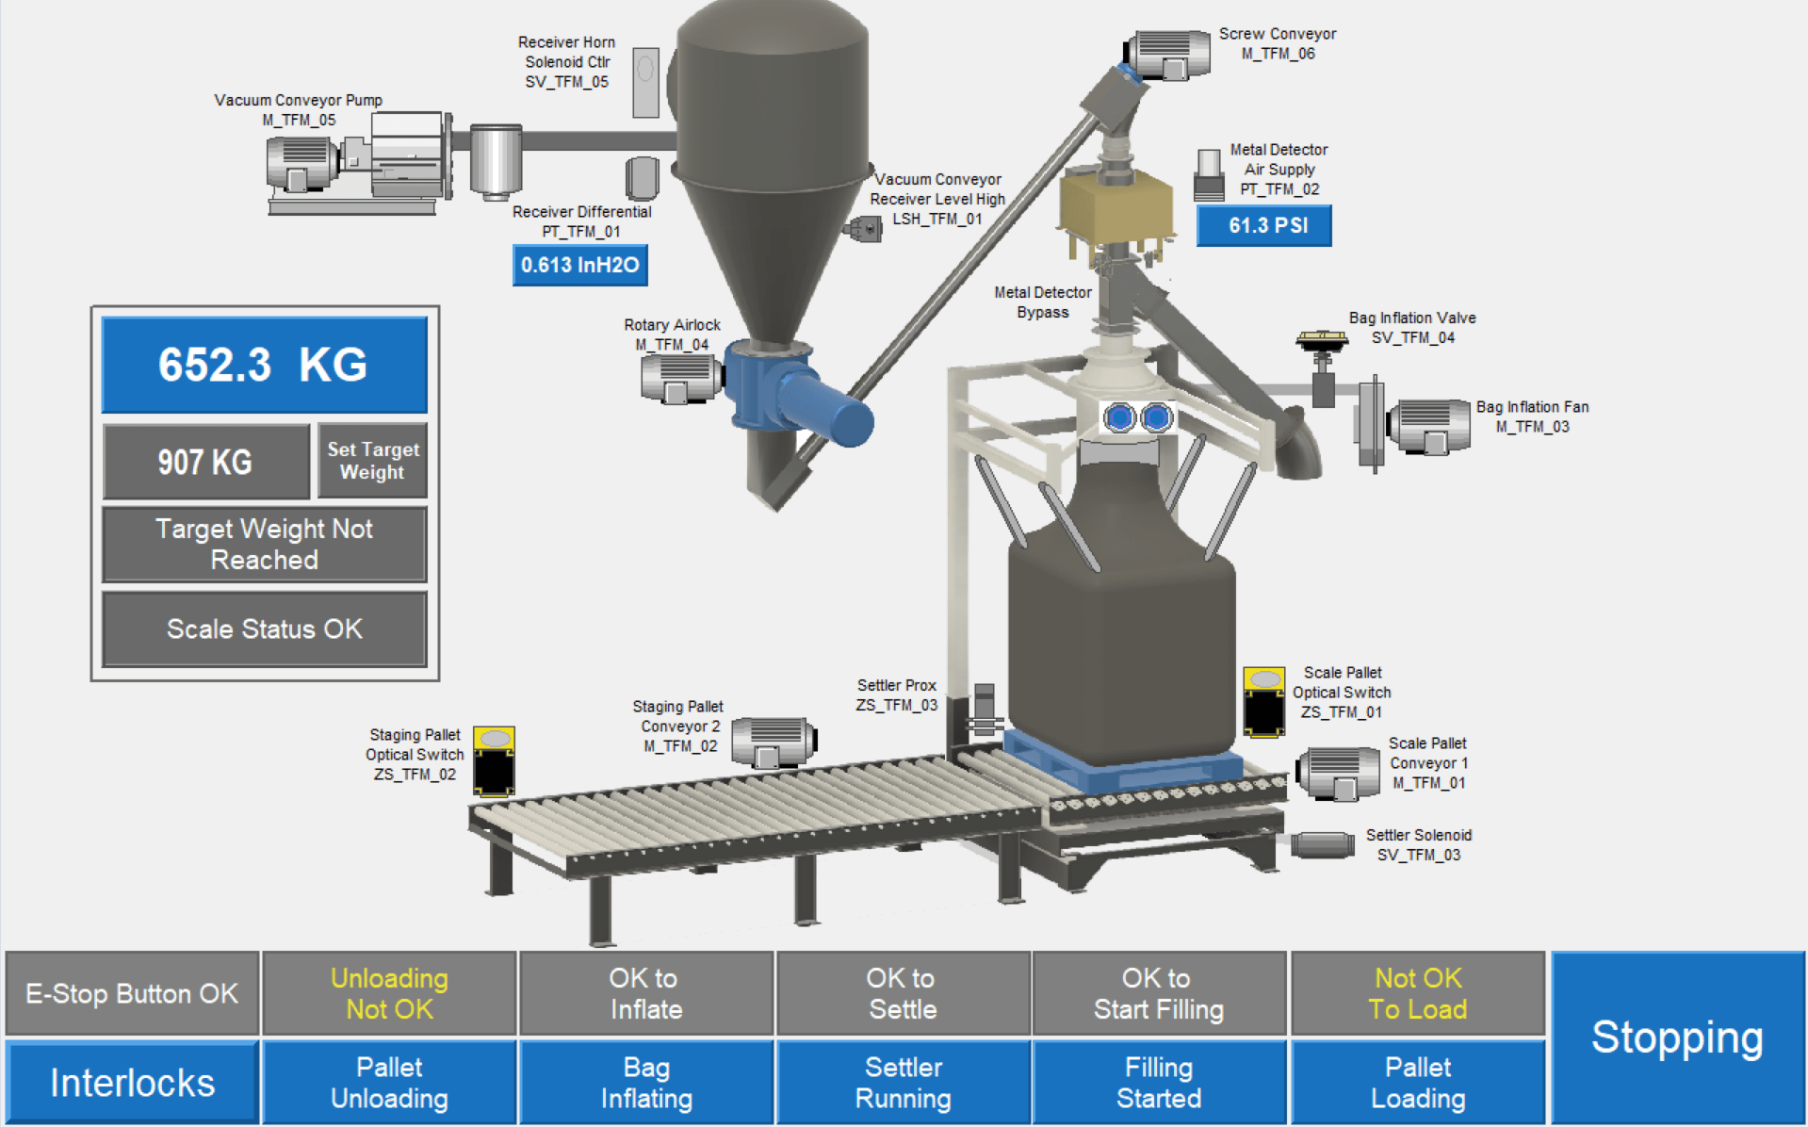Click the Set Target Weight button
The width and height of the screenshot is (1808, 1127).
(372, 461)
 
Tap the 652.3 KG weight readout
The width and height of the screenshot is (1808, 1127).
(264, 365)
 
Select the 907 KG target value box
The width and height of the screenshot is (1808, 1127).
(206, 462)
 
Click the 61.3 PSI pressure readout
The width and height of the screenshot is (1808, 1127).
(1263, 226)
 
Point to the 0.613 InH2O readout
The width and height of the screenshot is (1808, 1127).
(579, 266)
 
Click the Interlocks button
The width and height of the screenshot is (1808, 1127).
(132, 1083)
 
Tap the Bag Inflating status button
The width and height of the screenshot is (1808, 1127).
(646, 1083)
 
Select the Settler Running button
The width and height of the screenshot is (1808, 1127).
(903, 1083)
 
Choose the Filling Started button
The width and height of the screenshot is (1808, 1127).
(1159, 1083)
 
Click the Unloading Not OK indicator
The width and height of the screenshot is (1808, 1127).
(389, 994)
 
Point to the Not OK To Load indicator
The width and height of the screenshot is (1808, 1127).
(1418, 994)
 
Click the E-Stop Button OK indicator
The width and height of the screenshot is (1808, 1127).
(132, 994)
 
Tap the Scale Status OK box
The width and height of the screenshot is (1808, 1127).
(264, 629)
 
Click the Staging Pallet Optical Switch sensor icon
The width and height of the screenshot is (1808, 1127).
(494, 761)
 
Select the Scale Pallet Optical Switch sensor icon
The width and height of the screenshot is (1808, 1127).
(1263, 702)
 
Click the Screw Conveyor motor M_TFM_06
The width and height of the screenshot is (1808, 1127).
(1169, 55)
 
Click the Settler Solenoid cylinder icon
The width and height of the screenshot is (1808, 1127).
(1322, 844)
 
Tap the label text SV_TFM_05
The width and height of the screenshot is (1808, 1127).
(566, 82)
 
